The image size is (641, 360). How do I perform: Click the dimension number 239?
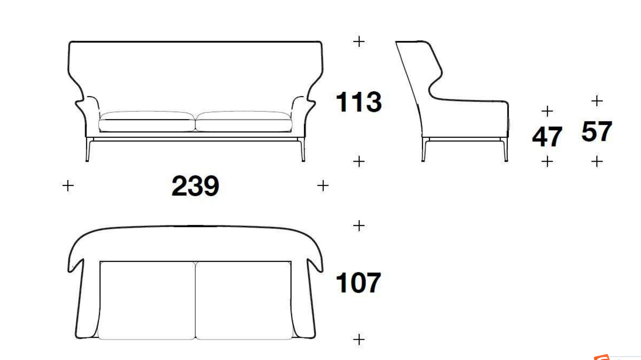click(195, 186)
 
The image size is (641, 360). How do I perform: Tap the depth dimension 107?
click(358, 283)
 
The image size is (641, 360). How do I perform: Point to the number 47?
click(547, 136)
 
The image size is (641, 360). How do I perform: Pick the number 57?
click(597, 131)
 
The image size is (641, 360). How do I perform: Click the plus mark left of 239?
click(68, 186)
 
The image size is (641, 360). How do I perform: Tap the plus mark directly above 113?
click(359, 41)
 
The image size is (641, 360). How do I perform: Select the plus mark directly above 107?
click(359, 225)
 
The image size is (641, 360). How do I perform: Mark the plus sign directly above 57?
click(597, 101)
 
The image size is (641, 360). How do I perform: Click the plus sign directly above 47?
click(547, 111)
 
